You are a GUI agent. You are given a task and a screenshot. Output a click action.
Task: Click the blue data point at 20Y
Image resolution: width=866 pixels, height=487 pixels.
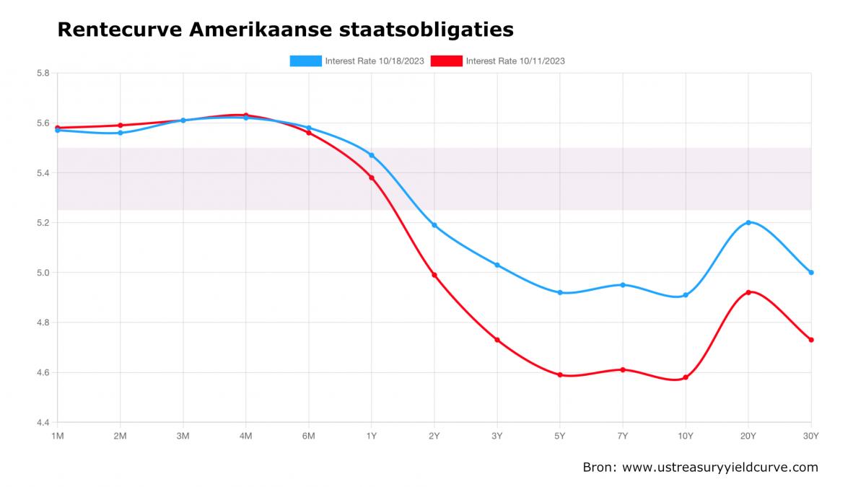[748, 222]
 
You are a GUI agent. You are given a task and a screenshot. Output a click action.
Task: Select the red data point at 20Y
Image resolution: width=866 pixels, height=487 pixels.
[748, 292]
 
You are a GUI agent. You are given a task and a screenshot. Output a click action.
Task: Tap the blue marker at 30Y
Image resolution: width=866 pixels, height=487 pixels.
[811, 273]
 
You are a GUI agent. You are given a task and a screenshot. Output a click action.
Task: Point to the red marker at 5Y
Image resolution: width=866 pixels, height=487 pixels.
[560, 374]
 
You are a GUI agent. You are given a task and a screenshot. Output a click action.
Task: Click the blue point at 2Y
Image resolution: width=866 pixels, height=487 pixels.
[434, 225]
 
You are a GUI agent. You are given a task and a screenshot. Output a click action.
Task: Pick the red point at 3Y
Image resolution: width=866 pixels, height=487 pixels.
[497, 340]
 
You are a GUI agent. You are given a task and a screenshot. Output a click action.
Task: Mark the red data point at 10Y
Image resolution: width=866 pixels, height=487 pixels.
[686, 377]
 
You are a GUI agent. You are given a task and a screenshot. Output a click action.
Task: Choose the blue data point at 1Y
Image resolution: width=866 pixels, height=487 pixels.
[372, 155]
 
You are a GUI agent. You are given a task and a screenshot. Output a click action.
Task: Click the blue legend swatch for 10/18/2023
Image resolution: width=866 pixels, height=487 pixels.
[305, 61]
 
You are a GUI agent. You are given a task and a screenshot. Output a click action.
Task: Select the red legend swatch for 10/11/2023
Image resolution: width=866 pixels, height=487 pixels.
[446, 61]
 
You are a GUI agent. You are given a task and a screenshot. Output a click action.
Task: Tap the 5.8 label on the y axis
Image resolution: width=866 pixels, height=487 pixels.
[43, 73]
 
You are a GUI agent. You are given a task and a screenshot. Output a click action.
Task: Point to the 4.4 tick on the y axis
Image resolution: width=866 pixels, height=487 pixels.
[43, 423]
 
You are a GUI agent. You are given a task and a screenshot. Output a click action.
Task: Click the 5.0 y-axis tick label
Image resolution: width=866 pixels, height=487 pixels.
[43, 273]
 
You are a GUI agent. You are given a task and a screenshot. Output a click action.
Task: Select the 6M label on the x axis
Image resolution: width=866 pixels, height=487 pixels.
[309, 436]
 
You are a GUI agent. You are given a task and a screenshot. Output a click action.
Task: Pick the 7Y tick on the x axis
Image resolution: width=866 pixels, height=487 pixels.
[623, 436]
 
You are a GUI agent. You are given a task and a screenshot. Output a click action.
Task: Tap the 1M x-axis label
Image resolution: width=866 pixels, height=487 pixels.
[58, 436]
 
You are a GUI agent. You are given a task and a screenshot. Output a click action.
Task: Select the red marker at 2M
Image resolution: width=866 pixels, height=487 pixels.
[121, 126]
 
